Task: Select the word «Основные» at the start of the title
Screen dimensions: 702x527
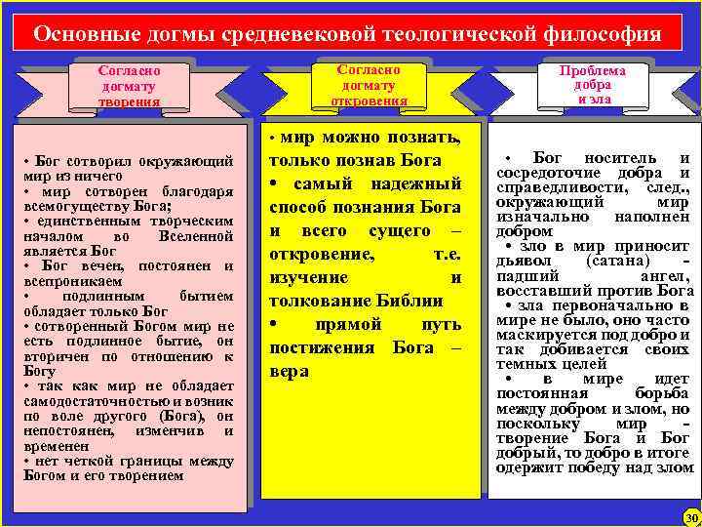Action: click(81, 34)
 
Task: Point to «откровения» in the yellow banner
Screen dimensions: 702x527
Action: click(368, 101)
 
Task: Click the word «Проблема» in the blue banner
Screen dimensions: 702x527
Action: click(593, 71)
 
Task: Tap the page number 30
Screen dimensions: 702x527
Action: click(691, 515)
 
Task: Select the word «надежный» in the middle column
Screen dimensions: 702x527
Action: click(414, 182)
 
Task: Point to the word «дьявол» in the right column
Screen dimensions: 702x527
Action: click(523, 263)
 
